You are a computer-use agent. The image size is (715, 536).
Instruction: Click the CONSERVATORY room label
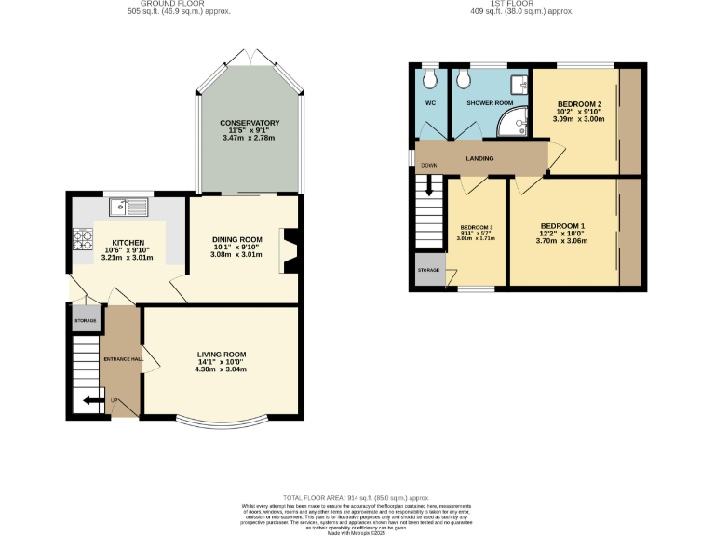click(250, 123)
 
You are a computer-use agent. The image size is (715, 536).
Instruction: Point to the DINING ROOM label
click(236, 239)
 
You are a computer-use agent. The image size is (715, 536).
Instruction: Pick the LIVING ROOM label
click(221, 354)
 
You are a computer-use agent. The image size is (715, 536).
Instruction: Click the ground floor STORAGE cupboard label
click(85, 320)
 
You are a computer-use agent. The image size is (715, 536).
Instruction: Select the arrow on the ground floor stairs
click(91, 401)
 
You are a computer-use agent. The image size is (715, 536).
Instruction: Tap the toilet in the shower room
click(464, 78)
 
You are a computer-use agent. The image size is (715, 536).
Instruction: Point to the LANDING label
click(479, 158)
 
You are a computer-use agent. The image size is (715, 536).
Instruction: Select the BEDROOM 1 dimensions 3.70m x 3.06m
click(563, 240)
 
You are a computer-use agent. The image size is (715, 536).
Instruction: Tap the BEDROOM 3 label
click(477, 227)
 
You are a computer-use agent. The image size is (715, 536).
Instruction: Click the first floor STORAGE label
click(428, 270)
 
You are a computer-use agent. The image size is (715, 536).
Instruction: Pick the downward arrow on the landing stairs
click(429, 186)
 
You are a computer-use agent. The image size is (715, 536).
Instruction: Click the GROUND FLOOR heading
click(179, 5)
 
